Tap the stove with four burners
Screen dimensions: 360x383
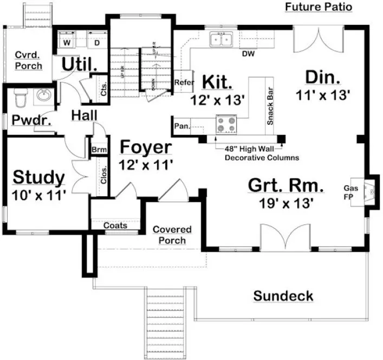[226, 125]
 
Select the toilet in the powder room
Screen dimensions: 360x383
[20, 99]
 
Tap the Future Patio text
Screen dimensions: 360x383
[318, 7]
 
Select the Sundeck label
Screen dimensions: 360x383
[283, 296]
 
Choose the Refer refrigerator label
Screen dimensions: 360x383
[181, 82]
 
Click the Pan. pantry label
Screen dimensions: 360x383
[181, 127]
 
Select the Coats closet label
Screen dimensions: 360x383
[115, 225]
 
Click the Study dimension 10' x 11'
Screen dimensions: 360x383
[38, 194]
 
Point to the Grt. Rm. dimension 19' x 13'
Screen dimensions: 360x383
[287, 203]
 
